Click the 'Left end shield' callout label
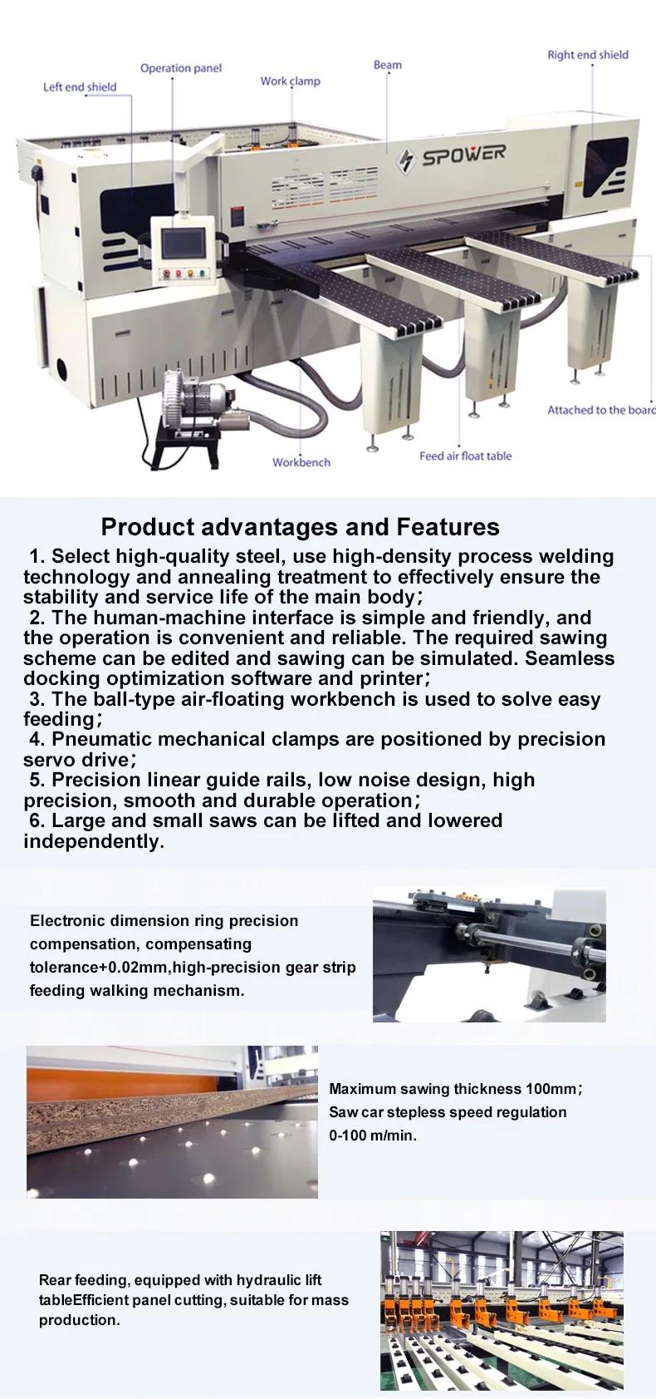pos(80,86)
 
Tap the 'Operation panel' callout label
pos(181,68)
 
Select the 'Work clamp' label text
pos(291,81)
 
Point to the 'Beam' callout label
pos(388,65)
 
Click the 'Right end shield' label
pos(588,55)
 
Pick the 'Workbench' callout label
pos(301,462)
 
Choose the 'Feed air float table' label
pos(466,456)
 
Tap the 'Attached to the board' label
pos(602,410)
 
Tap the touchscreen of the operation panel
pos(183,242)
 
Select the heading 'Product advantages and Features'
pos(301,527)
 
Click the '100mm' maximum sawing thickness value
pos(551,1089)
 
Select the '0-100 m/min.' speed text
pos(373,1135)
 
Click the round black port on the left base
pos(62,368)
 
